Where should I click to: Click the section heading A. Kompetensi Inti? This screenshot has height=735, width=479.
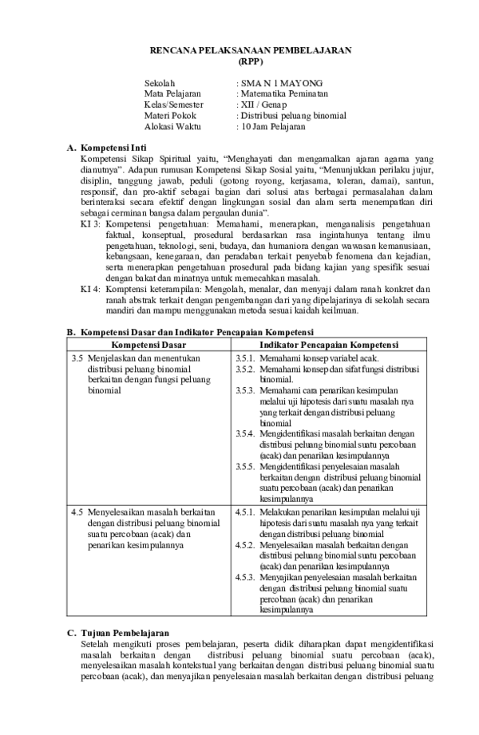(107, 148)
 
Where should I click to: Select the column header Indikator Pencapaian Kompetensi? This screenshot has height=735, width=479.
(331, 344)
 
